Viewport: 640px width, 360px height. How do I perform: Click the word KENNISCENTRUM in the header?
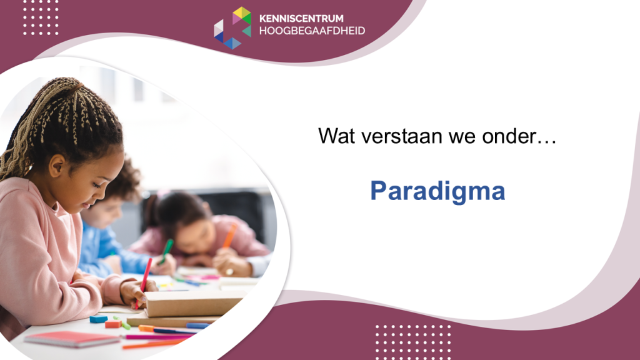click(x=301, y=18)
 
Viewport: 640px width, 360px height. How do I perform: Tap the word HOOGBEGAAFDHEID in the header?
click(x=312, y=31)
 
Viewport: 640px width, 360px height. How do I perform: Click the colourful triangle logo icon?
click(x=232, y=27)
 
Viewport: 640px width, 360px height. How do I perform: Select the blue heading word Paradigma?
click(x=437, y=191)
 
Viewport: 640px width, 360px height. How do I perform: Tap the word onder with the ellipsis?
click(x=519, y=136)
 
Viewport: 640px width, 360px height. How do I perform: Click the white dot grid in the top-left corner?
click(x=41, y=17)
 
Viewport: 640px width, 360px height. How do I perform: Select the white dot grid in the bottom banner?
click(x=412, y=342)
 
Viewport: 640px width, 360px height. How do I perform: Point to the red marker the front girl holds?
click(x=143, y=281)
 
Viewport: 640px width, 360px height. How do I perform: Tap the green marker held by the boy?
click(x=166, y=251)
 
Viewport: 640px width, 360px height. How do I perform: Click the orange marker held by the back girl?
click(x=230, y=236)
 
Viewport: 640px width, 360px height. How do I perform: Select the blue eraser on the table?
click(x=98, y=319)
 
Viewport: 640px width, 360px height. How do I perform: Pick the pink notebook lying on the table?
click(x=72, y=339)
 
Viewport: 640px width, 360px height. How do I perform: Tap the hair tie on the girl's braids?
click(x=77, y=87)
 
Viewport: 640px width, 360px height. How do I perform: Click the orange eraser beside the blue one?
click(x=113, y=324)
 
